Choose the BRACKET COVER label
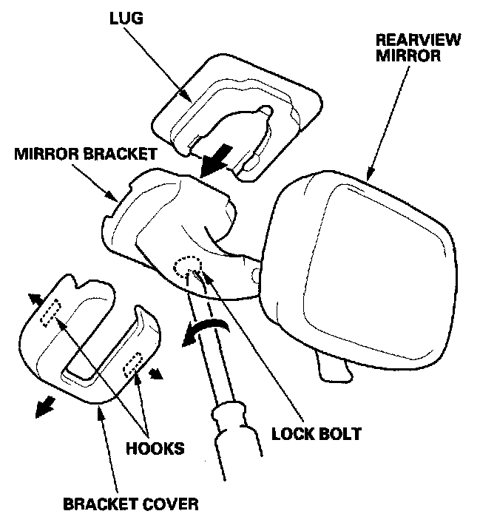(131, 505)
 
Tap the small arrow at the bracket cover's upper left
(34, 297)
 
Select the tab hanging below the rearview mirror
(331, 365)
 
